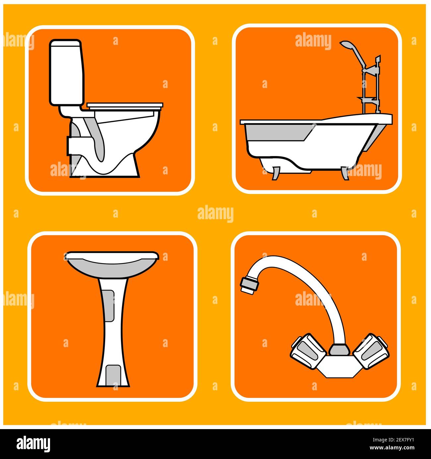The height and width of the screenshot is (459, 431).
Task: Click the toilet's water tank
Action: [x=66, y=73]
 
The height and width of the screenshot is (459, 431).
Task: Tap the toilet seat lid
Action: [x=125, y=106]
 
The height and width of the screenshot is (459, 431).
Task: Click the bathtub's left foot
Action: [x=276, y=173]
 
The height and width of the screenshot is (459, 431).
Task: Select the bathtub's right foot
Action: [x=345, y=173]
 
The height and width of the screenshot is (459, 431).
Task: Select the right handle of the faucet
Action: [x=371, y=351]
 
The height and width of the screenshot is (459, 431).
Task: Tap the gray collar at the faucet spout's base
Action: [x=339, y=349]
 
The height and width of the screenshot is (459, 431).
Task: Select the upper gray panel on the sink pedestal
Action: [x=109, y=306]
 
